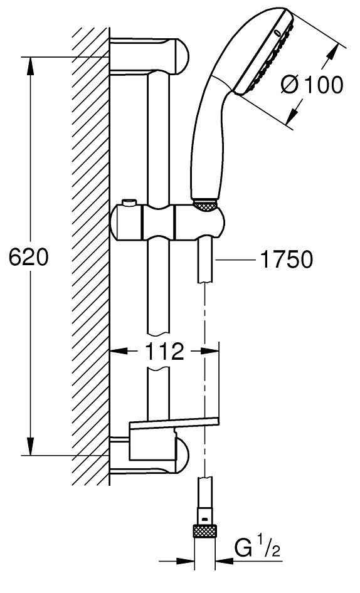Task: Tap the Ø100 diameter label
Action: point(312,85)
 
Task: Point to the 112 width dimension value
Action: point(164,352)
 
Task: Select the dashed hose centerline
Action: point(204,376)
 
